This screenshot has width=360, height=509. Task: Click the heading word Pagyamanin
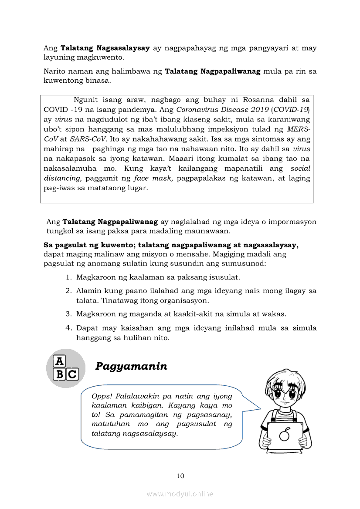pyautogui.click(x=131, y=366)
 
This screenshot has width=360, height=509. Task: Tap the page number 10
pyautogui.click(x=180, y=476)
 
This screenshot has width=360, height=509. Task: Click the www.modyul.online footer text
pyautogui.click(x=180, y=494)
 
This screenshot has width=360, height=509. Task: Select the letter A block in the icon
pyautogui.click(x=59, y=361)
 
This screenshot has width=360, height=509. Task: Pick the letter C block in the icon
pyautogui.click(x=72, y=374)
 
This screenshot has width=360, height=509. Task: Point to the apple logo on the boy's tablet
pyautogui.click(x=285, y=434)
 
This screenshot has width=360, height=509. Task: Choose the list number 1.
pyautogui.click(x=68, y=277)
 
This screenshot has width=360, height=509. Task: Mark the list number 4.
pyautogui.click(x=68, y=327)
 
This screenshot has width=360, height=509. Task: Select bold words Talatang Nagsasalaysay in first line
pyautogui.click(x=105, y=48)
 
